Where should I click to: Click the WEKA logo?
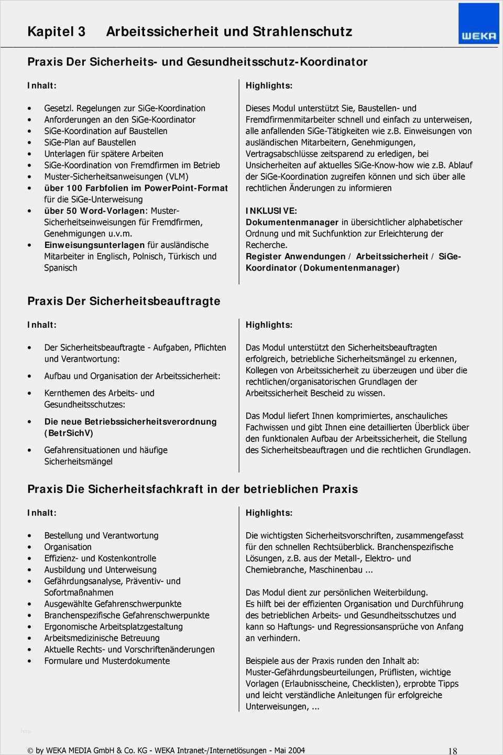coord(478,24)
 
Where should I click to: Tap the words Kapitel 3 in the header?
coord(56,31)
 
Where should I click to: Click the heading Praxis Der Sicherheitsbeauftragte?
coord(124,301)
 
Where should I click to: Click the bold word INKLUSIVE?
coord(271,211)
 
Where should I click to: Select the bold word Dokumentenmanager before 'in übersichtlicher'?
coord(292,222)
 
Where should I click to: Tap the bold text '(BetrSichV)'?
coord(69,433)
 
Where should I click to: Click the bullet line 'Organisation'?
coord(68,547)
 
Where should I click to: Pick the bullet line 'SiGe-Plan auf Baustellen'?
coord(90,143)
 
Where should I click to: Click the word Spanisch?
coord(60,268)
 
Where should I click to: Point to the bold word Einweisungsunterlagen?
coord(94,245)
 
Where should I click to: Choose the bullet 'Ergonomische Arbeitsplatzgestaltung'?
coord(113,627)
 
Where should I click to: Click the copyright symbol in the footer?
coord(30,751)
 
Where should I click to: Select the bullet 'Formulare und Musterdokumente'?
coord(107,661)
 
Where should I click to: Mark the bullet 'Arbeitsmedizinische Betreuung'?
coord(102,638)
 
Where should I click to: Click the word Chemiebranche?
coord(275,570)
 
